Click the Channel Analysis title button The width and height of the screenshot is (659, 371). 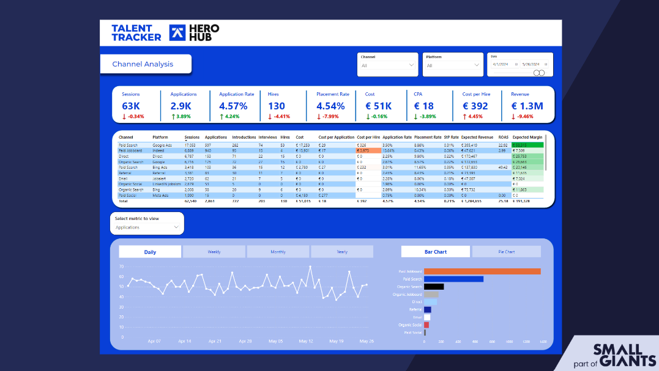[146, 64]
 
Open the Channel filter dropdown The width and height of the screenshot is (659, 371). [387, 65]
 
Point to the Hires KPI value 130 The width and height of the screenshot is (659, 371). [277, 106]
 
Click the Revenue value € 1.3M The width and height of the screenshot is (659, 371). [527, 106]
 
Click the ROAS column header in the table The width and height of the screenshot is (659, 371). [503, 138]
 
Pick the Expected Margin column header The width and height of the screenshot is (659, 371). [527, 138]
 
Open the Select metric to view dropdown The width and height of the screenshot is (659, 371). [147, 227]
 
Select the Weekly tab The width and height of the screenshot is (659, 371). [214, 252]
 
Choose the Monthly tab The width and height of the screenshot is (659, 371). [278, 252]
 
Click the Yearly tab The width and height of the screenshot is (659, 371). [342, 252]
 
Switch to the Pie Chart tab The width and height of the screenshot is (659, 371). [506, 252]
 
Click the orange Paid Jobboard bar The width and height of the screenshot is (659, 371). [482, 271]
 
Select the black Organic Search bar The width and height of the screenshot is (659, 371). [434, 287]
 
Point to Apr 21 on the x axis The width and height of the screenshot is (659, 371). [215, 341]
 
